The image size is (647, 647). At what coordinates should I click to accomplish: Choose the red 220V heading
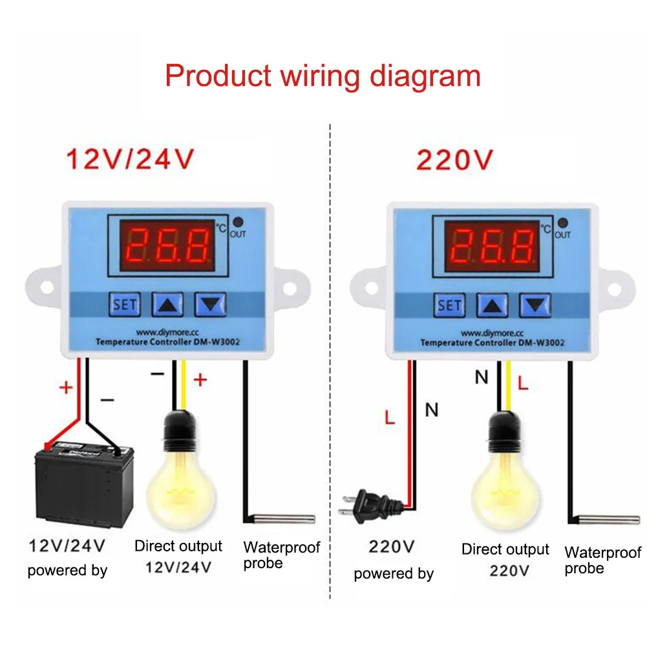pos(454,159)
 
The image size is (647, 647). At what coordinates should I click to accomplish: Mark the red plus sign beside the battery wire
pos(67,387)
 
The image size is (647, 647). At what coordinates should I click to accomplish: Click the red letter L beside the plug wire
pos(389,418)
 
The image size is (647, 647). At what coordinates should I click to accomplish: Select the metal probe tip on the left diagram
pos(285,518)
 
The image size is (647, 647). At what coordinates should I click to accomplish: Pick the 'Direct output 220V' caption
pos(505,560)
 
